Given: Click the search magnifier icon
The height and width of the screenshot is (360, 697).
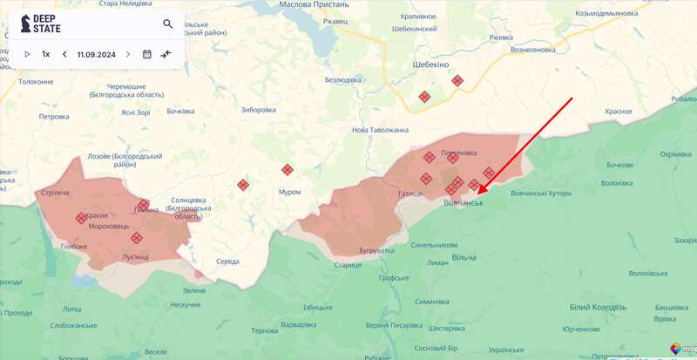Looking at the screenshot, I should pos(168,24).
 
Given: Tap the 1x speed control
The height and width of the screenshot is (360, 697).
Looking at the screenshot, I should pos(46,54).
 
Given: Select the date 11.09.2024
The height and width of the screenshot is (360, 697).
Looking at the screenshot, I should pos(97,54).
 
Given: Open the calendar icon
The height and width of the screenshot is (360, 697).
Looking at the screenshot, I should pos(146,54).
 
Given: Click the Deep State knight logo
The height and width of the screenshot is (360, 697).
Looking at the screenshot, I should pos(26,24).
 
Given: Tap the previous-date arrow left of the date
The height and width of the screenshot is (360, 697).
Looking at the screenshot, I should pos(64,54).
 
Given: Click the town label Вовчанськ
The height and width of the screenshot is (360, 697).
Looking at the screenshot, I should pos(463,203).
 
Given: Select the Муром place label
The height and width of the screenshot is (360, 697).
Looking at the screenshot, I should pos(289,192).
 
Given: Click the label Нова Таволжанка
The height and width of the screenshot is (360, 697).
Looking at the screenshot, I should pos(380,130).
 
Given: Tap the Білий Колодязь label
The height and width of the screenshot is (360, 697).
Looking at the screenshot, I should pos(597,308).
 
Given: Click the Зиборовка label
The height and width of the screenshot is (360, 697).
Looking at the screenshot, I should pos(258,110).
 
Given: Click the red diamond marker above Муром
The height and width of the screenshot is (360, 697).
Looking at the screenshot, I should pos(288,170).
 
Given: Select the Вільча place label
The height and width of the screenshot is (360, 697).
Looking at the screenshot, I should pos(464,258).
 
